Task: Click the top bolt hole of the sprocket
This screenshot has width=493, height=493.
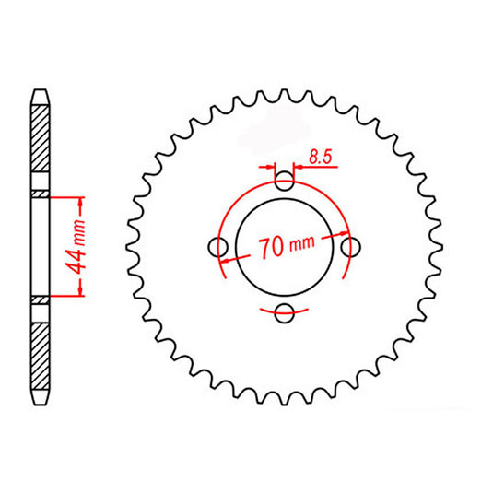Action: [x=285, y=182]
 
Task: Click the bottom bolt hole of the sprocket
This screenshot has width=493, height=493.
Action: [x=284, y=313]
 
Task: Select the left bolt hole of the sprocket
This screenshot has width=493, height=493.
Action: [x=217, y=247]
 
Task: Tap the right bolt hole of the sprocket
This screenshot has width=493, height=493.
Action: [x=350, y=247]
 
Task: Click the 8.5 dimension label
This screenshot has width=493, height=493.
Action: [x=321, y=157]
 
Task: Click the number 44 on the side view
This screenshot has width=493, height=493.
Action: [x=76, y=257]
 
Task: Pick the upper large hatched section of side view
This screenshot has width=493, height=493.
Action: [x=41, y=138]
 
